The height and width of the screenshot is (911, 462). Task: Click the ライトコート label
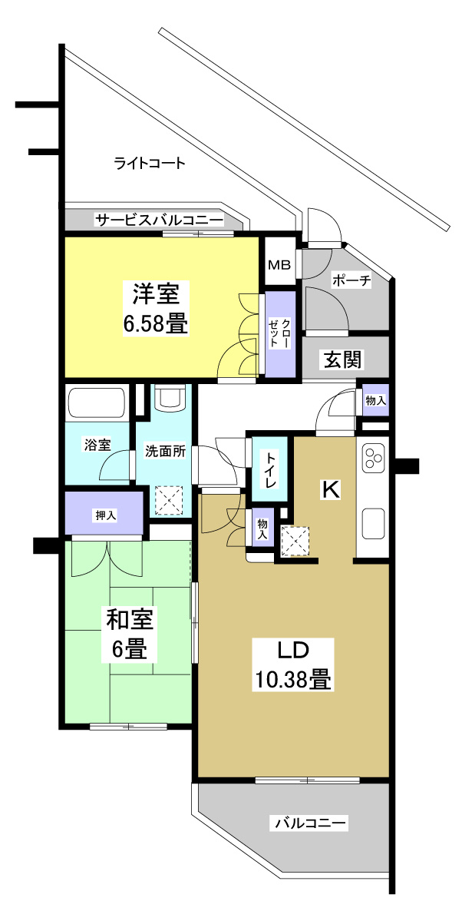[x=150, y=163]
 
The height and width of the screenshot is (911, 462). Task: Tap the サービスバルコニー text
[x=159, y=221]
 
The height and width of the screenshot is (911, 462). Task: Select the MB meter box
[x=279, y=265]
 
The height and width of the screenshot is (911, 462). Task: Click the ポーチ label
[x=351, y=281]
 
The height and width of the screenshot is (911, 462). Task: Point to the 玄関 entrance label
[x=342, y=359]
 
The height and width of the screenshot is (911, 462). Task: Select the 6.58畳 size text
[x=156, y=323]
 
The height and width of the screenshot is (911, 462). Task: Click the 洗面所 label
[x=165, y=452]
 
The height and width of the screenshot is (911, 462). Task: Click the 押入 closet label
[x=105, y=515]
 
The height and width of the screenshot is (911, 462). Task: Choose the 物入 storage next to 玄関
[x=375, y=401]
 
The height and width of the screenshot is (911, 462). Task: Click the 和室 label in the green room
[x=129, y=619]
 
